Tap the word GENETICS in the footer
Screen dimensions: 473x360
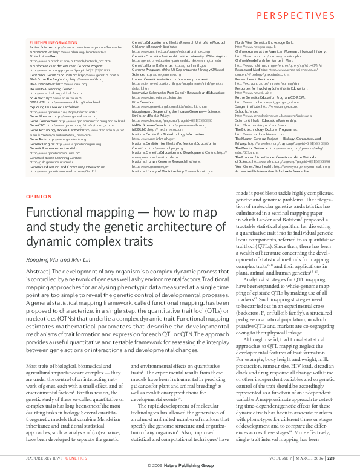(76, 459)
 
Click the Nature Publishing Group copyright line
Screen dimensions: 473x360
(180, 466)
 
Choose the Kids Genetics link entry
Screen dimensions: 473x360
(143, 86)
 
